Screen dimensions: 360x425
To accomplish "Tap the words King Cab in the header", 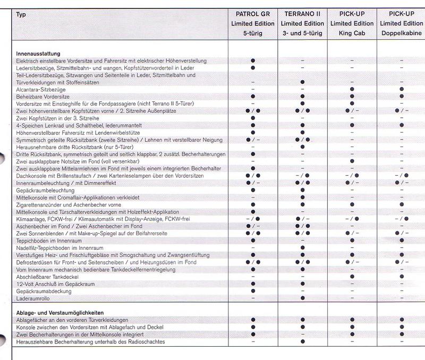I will (x=351, y=33).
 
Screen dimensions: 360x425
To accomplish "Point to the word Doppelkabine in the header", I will (x=401, y=33).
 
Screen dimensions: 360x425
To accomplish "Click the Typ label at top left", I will (x=21, y=14).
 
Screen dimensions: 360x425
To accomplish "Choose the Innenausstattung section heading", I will (x=38, y=54).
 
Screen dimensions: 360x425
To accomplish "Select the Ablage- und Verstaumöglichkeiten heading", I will (x=57, y=313).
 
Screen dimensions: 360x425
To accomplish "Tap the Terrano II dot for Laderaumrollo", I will (x=302, y=298).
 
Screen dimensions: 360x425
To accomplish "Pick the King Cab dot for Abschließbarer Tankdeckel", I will (x=352, y=276).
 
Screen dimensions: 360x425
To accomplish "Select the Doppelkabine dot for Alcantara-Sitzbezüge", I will (x=402, y=89).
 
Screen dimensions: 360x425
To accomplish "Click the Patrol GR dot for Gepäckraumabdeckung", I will (x=253, y=290).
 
